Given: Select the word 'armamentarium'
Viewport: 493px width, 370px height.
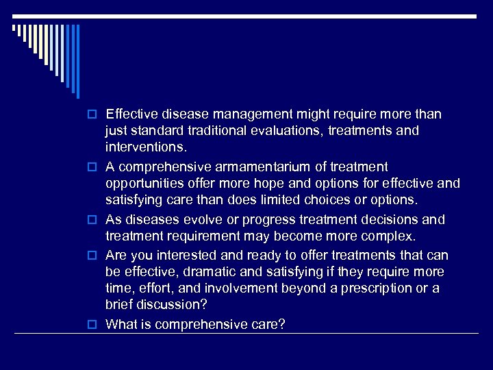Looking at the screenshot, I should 246,166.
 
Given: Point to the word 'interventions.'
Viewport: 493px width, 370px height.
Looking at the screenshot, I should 146,147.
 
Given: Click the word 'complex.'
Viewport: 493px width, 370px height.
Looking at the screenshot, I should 389,236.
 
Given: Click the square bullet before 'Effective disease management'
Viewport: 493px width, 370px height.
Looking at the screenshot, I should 96,114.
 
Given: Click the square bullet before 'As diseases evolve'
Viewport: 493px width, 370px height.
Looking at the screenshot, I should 96,221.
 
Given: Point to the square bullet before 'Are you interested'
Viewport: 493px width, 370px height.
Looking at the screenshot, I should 96,256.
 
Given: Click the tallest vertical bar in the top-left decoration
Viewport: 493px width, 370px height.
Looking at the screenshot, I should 77,62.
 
